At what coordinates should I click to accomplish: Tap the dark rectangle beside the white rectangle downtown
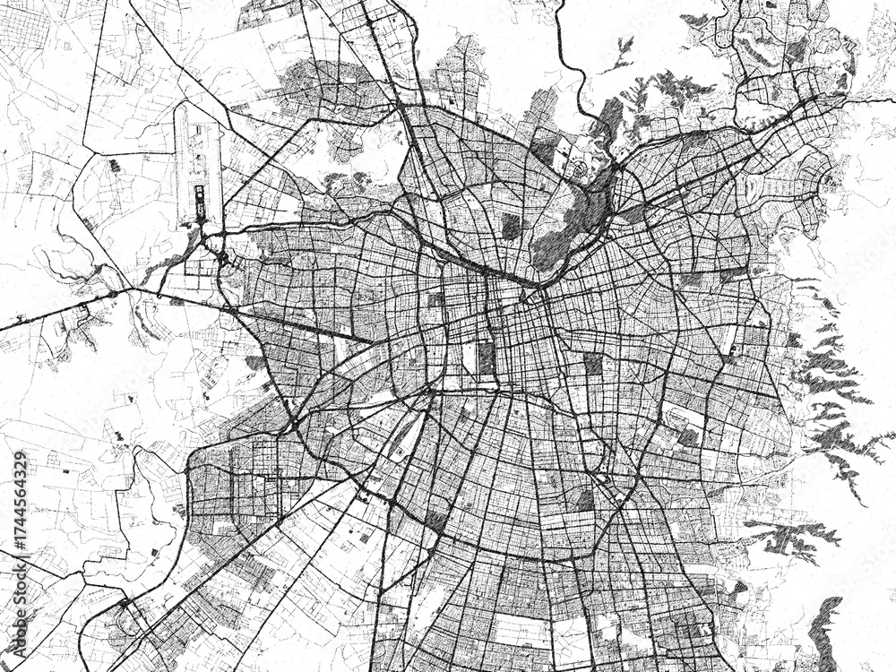486,358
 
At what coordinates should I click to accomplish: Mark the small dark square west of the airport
114,166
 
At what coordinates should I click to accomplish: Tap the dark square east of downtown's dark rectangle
592,363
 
